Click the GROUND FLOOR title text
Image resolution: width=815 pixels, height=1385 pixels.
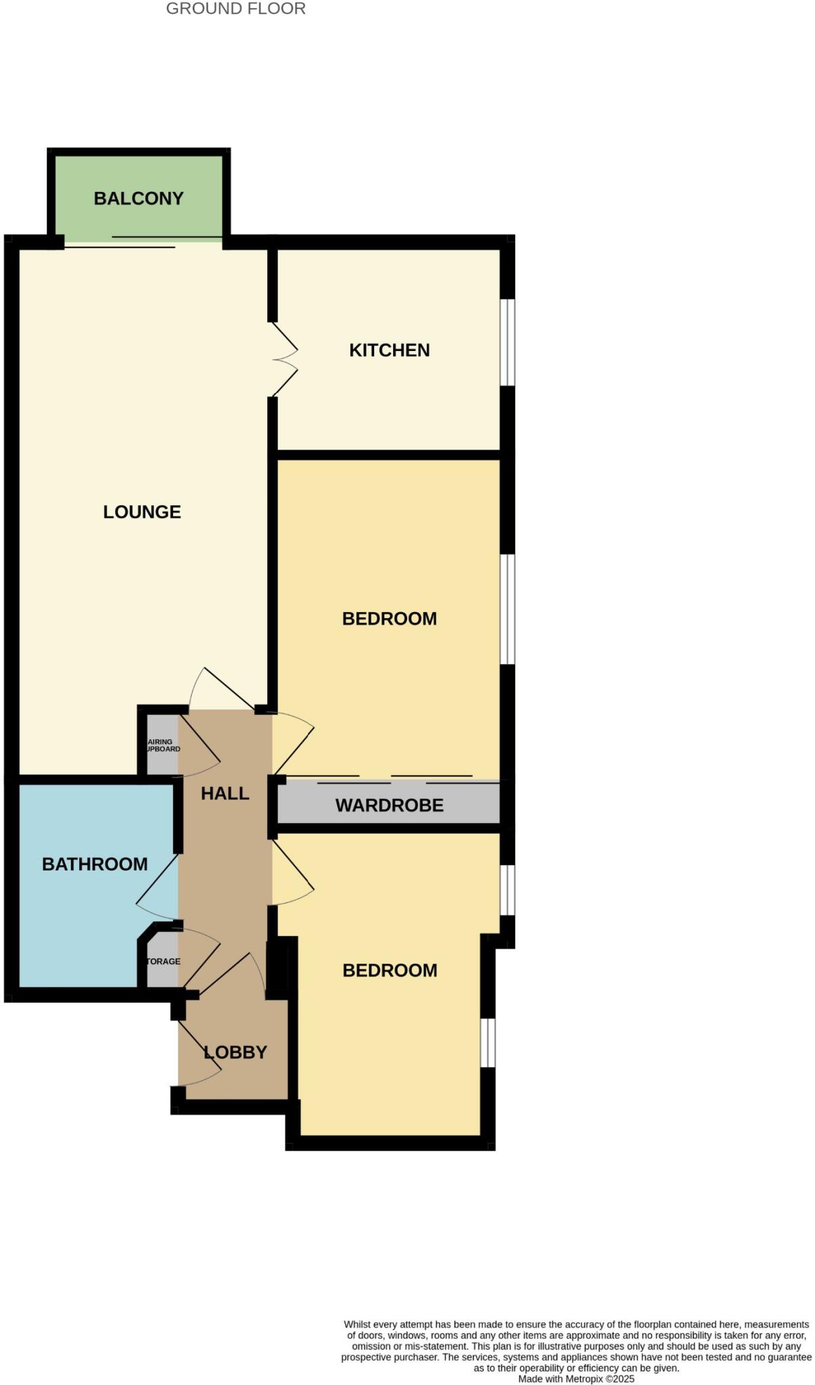pyautogui.click(x=235, y=9)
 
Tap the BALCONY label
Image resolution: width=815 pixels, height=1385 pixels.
pyautogui.click(x=139, y=198)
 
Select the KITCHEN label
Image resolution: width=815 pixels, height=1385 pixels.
pyautogui.click(x=389, y=350)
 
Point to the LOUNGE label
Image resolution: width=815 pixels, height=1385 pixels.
pyautogui.click(x=142, y=512)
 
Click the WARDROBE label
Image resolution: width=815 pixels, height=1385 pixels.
pyautogui.click(x=390, y=805)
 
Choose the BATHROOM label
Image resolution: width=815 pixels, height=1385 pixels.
pyautogui.click(x=95, y=864)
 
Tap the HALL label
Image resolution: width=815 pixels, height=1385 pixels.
pyautogui.click(x=225, y=793)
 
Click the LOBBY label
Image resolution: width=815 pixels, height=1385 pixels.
pyautogui.click(x=235, y=1052)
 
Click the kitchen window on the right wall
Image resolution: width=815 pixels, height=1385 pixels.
pyautogui.click(x=507, y=342)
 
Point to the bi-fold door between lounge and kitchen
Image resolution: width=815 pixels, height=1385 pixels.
pyautogui.click(x=284, y=359)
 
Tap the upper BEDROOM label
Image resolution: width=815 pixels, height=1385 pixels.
pyautogui.click(x=389, y=619)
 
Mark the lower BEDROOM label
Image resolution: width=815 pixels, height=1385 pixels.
pyautogui.click(x=390, y=970)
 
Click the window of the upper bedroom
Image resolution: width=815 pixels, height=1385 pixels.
pyautogui.click(x=507, y=609)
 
